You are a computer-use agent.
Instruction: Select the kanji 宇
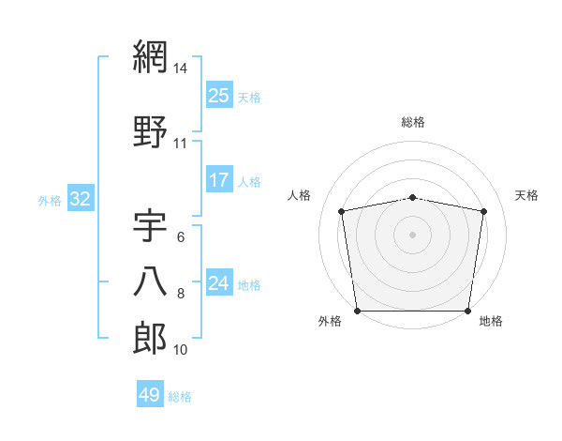[151, 228]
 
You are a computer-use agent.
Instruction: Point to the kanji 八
[151, 281]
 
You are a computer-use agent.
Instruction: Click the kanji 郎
[151, 339]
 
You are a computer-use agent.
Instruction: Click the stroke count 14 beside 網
[182, 68]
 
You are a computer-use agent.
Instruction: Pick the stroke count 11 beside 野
[181, 144]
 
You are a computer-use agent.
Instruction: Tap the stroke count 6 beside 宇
[181, 238]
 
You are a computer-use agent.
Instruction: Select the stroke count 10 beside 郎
[181, 350]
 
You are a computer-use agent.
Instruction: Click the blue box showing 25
[219, 95]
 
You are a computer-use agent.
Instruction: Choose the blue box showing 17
[219, 180]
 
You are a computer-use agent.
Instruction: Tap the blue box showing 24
[219, 283]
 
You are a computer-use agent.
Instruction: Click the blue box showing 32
[81, 199]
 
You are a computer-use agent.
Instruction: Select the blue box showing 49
[150, 395]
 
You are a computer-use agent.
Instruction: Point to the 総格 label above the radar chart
[413, 122]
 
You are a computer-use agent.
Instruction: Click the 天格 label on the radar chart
[527, 195]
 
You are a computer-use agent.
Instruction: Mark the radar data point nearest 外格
[357, 311]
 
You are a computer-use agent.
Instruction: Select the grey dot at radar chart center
[413, 234]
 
